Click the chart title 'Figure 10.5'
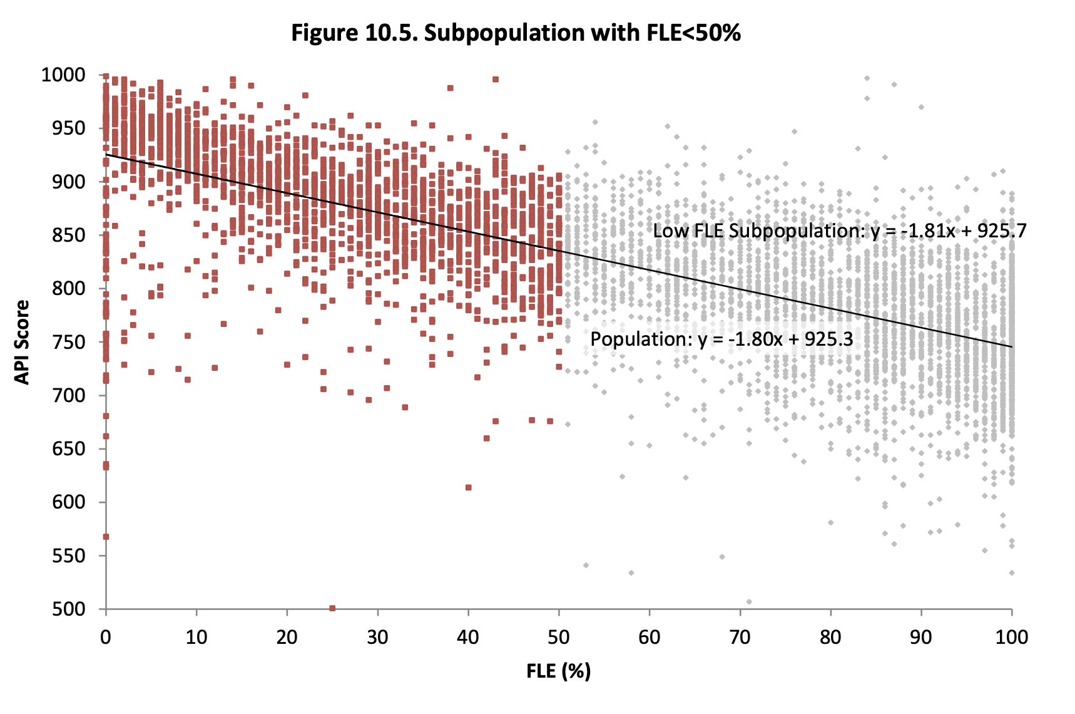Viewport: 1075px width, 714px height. click(516, 33)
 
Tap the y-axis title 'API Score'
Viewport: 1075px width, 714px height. click(23, 342)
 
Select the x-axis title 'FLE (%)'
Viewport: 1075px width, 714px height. click(558, 671)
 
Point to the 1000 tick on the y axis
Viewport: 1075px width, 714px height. click(63, 75)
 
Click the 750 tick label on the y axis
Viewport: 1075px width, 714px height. click(68, 342)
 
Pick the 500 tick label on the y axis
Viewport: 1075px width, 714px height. click(68, 609)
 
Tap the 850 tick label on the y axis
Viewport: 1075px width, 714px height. click(68, 235)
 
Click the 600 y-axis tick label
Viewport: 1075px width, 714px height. click(68, 502)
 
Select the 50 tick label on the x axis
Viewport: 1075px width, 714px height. click(558, 638)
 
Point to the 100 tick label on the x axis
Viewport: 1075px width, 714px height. click(1011, 638)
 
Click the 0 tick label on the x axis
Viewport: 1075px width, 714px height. click(106, 638)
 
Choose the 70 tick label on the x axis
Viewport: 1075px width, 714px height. click(740, 638)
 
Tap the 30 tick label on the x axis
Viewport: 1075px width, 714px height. click(377, 638)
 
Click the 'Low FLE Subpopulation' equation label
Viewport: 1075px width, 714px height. click(839, 231)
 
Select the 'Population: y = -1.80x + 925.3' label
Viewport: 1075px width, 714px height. click(721, 339)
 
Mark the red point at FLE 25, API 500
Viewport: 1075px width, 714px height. click(332, 608)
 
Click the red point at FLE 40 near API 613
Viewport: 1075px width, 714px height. click(468, 487)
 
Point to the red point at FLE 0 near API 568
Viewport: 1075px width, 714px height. click(106, 537)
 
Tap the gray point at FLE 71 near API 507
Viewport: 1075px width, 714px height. click(749, 602)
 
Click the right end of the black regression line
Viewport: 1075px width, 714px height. click(1011, 347)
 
